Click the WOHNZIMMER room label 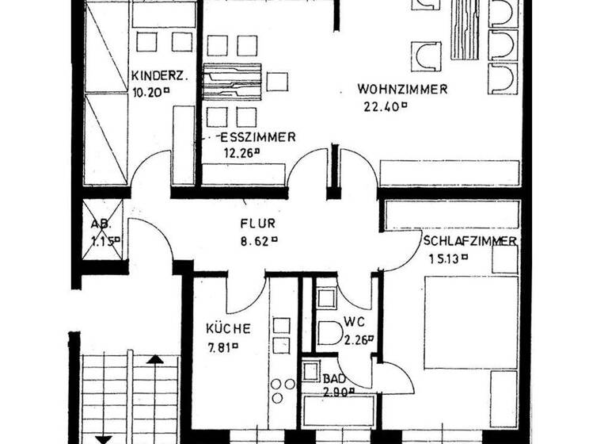[402, 89]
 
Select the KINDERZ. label [159, 75]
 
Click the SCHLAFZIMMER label [470, 241]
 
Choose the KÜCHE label [229, 328]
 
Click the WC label [353, 323]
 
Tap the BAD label [332, 379]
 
